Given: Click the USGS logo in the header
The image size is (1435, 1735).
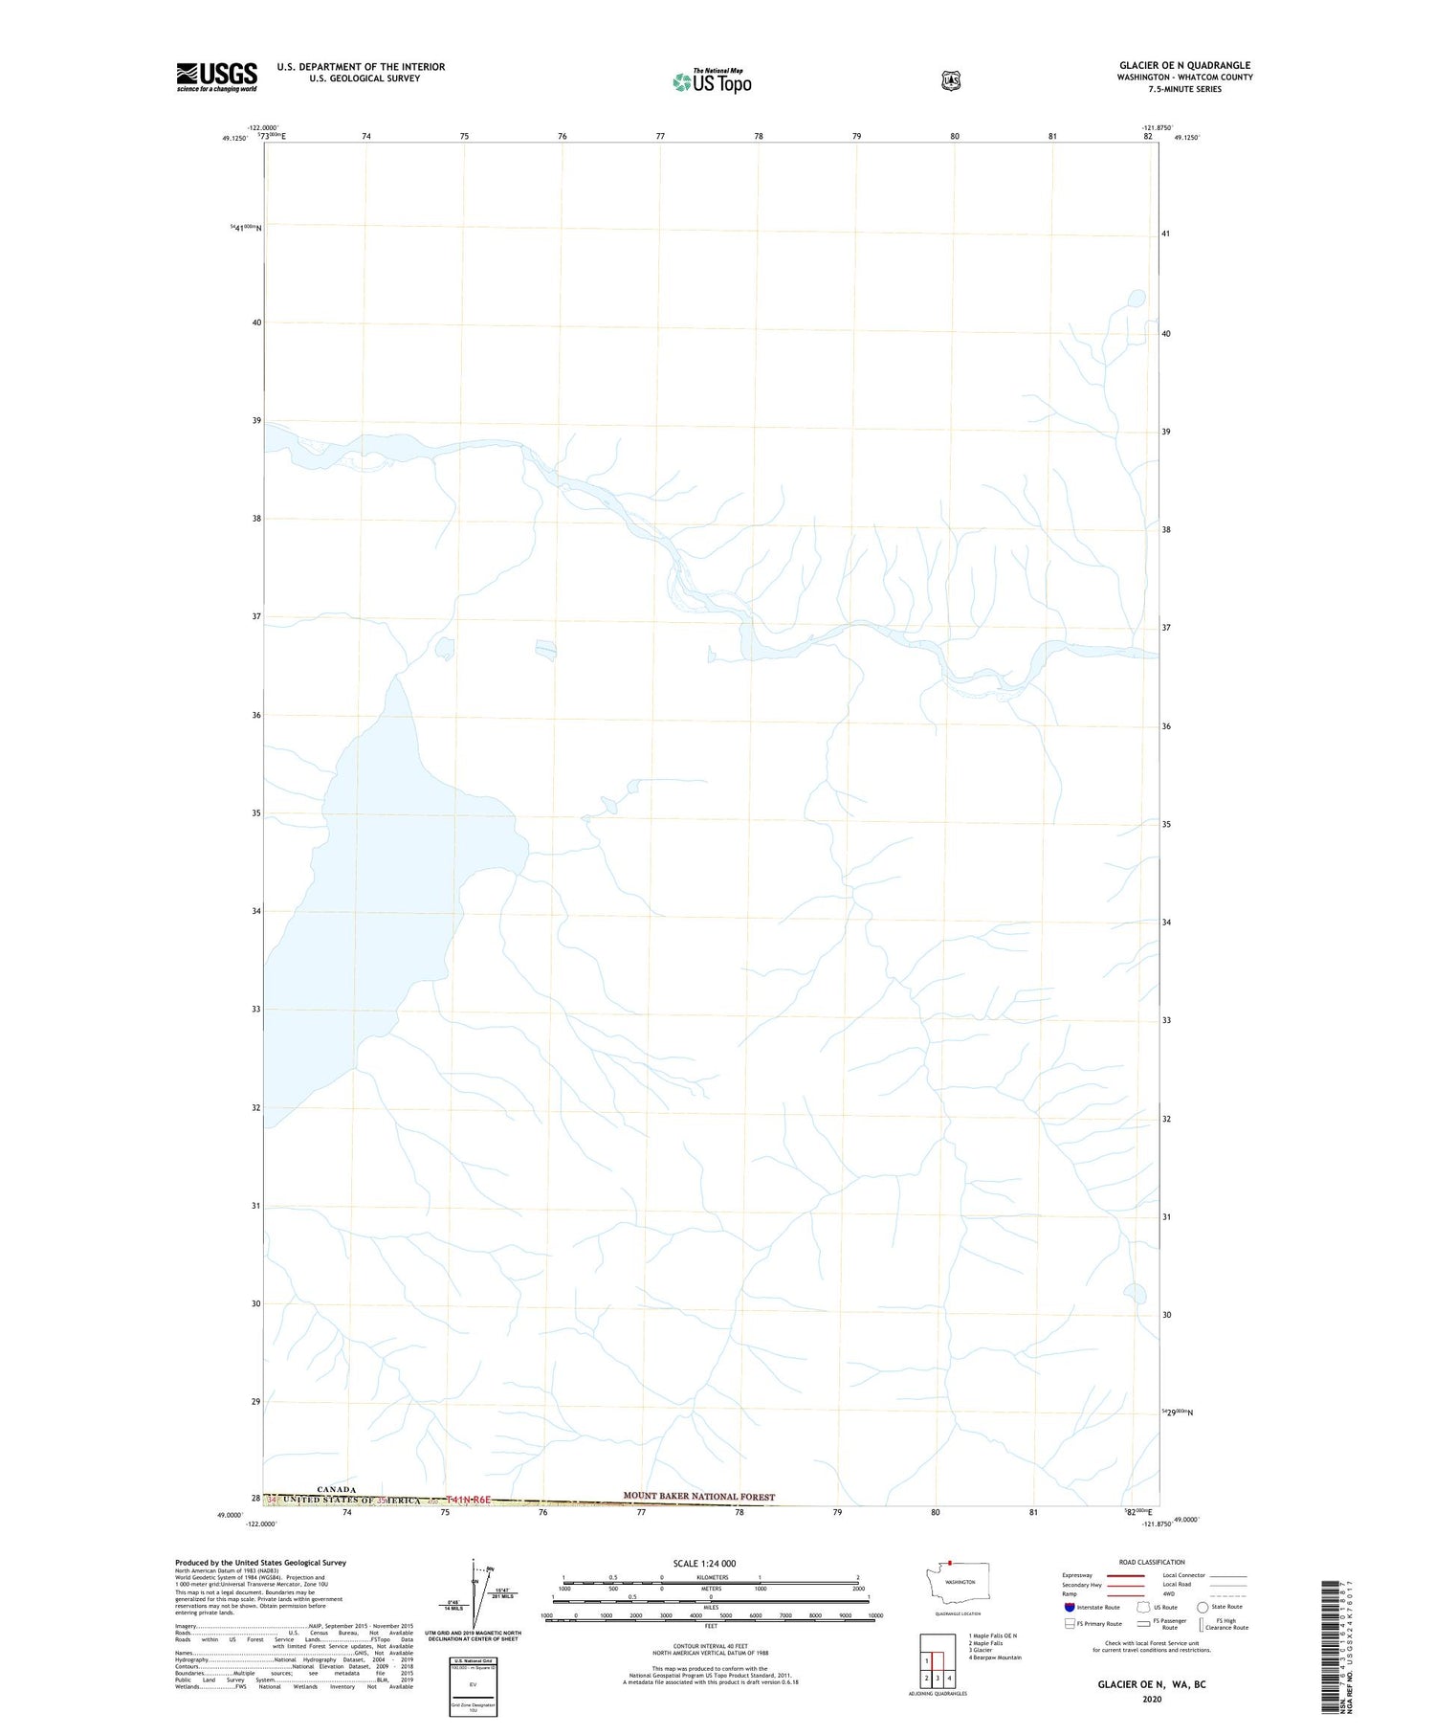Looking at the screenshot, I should click(x=216, y=77).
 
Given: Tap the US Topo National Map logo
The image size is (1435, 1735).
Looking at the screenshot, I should click(x=713, y=81).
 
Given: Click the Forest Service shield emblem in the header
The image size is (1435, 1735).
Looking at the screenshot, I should click(x=950, y=81).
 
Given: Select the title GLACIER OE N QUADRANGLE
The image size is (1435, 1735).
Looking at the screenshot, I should click(x=1184, y=65).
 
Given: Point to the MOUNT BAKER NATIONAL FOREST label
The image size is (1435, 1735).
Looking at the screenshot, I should click(x=698, y=1496).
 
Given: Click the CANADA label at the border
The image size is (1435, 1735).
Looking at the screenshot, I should click(x=336, y=1489).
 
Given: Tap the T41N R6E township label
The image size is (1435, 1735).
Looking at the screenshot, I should click(x=469, y=1500).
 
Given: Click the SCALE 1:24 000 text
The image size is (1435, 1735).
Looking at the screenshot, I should click(x=704, y=1563).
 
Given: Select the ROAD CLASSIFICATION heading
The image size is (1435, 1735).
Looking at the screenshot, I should click(x=1151, y=1562).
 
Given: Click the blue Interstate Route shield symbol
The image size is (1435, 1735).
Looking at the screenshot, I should click(x=1069, y=1607).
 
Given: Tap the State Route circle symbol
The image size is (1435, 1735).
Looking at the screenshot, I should click(x=1203, y=1607).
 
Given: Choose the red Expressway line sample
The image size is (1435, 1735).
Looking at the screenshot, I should click(x=1126, y=1575).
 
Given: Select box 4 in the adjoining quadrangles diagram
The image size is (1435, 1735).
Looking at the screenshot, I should click(x=949, y=1678).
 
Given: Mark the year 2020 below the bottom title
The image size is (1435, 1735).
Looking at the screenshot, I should click(x=1151, y=1699).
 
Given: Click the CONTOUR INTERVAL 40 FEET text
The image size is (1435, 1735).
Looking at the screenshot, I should click(x=710, y=1646).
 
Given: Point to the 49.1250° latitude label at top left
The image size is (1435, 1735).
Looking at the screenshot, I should click(x=234, y=138).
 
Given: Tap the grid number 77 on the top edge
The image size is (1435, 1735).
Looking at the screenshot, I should click(x=660, y=137).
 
